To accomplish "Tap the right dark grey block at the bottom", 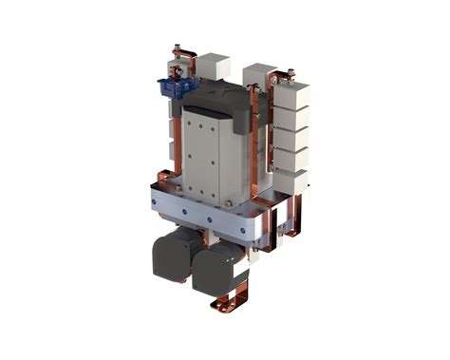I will (x=217, y=266).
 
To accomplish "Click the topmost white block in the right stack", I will (x=296, y=95).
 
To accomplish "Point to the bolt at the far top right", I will (x=291, y=71).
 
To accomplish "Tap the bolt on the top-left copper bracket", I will (x=176, y=47).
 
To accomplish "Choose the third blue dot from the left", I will (x=210, y=219).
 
